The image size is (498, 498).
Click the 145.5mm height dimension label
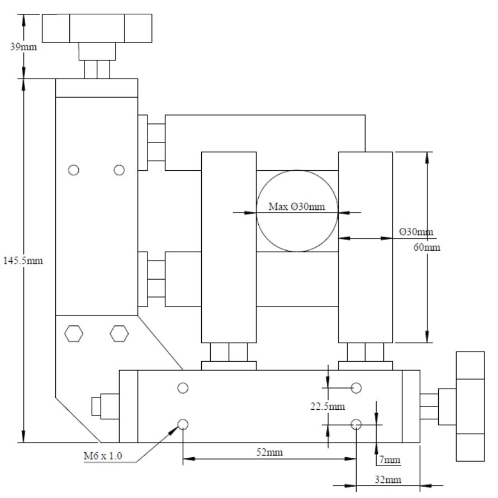[x=22, y=260]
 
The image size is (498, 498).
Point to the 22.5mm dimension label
[x=328, y=406]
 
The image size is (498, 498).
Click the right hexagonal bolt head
[x=118, y=334]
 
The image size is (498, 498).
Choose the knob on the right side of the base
[x=470, y=406]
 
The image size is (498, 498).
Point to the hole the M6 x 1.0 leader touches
[x=182, y=425]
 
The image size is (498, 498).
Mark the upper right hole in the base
[x=357, y=387]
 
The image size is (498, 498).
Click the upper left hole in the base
[x=182, y=387]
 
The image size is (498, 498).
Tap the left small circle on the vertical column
[x=73, y=170]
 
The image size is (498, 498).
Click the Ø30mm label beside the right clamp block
[x=417, y=231]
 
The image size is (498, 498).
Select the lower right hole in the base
[x=357, y=425]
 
